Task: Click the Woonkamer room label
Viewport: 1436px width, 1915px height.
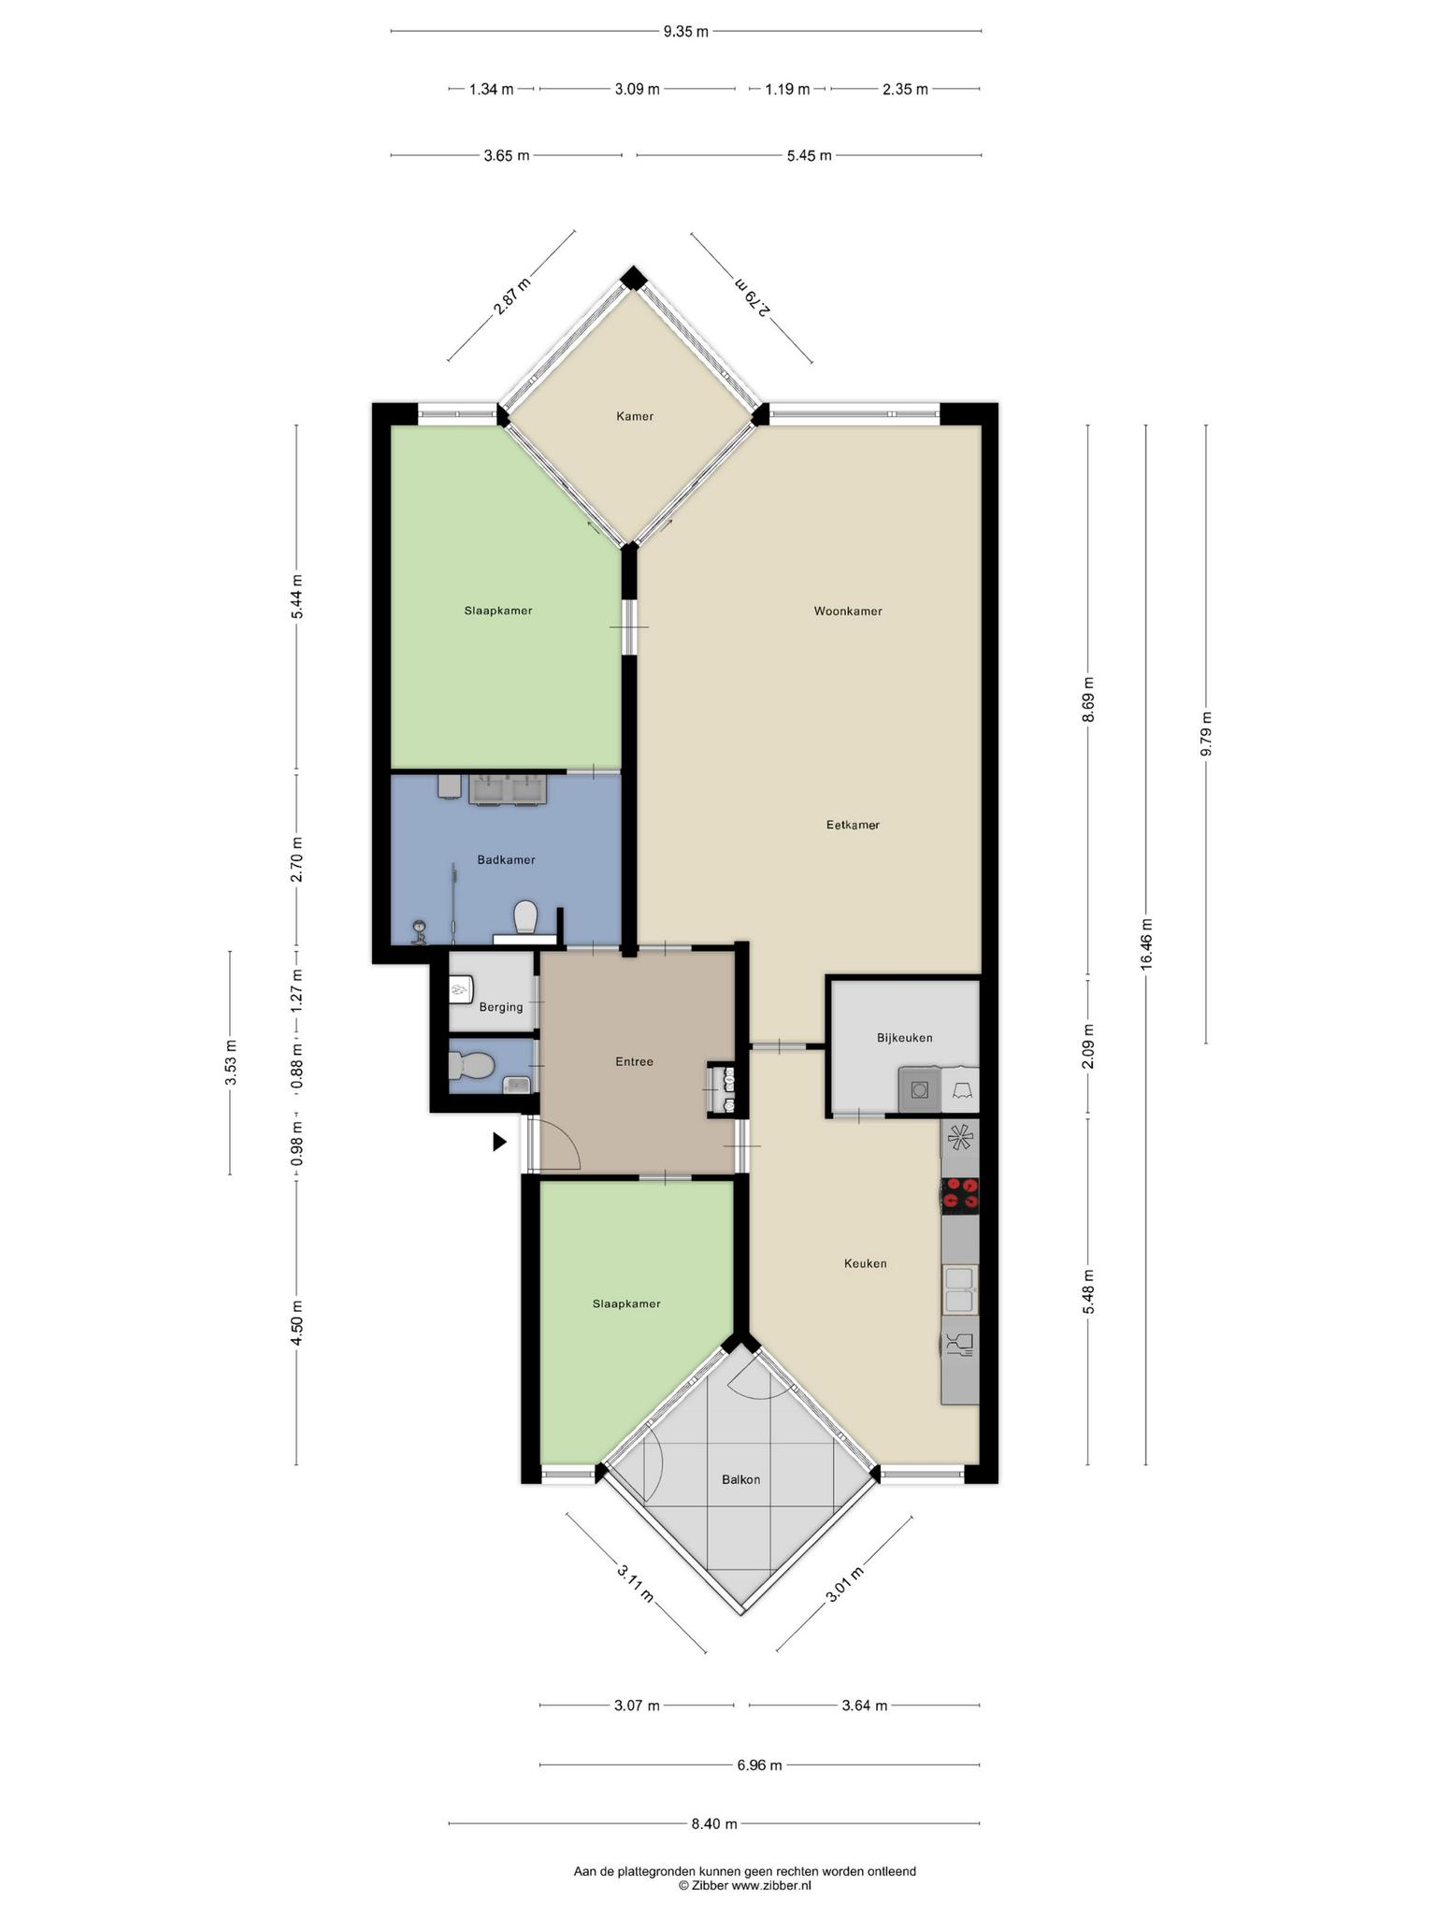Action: pyautogui.click(x=848, y=612)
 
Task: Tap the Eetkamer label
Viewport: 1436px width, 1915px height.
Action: pyautogui.click(x=853, y=825)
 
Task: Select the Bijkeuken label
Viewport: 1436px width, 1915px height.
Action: pyautogui.click(x=904, y=1038)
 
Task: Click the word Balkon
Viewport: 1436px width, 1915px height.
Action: pyautogui.click(x=740, y=1479)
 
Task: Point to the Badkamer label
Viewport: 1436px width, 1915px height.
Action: pyautogui.click(x=506, y=859)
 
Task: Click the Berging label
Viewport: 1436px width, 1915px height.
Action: pyautogui.click(x=500, y=1007)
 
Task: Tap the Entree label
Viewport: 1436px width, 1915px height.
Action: pyautogui.click(x=634, y=1061)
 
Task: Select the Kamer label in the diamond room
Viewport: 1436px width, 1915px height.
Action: pyautogui.click(x=635, y=416)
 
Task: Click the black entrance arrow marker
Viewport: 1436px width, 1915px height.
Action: pyautogui.click(x=499, y=1142)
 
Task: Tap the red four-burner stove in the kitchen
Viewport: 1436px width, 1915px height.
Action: pyautogui.click(x=960, y=1194)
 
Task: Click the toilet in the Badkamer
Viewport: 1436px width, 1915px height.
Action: pyautogui.click(x=525, y=916)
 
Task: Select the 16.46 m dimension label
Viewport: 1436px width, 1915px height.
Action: pyautogui.click(x=1146, y=944)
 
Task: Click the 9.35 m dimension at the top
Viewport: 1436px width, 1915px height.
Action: pyautogui.click(x=685, y=32)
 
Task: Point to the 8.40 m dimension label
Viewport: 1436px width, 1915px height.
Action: pyautogui.click(x=714, y=1823)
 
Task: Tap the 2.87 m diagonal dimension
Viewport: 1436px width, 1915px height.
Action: pyautogui.click(x=511, y=296)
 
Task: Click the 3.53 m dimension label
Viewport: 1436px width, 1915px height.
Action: pyautogui.click(x=230, y=1063)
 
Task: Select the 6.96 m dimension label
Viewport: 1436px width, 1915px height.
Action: pyautogui.click(x=759, y=1765)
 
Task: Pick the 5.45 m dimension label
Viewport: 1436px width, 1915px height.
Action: pyautogui.click(x=809, y=155)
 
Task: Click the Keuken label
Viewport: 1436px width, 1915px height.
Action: pyautogui.click(x=865, y=1263)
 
